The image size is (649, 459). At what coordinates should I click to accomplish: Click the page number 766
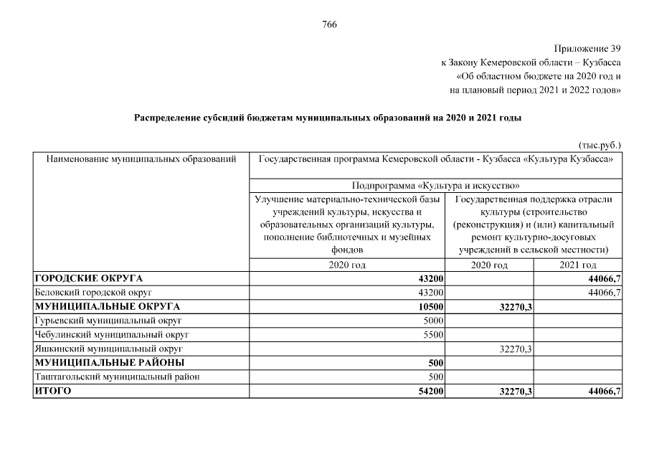click(329, 25)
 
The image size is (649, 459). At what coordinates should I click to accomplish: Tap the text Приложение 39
click(587, 49)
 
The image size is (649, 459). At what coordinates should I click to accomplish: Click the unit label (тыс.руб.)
click(599, 144)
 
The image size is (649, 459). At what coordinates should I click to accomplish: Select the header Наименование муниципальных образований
click(141, 158)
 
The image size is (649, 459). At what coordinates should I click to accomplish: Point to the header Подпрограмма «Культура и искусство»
click(435, 185)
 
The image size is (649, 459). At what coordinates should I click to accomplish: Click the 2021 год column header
click(578, 265)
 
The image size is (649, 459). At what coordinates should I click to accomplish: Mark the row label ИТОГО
click(52, 391)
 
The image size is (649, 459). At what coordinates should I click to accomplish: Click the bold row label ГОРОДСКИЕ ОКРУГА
click(88, 278)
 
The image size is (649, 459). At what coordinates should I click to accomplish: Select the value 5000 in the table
click(434, 321)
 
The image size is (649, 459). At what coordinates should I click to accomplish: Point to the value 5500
click(434, 334)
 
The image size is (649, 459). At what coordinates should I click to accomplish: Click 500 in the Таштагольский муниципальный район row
click(436, 377)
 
